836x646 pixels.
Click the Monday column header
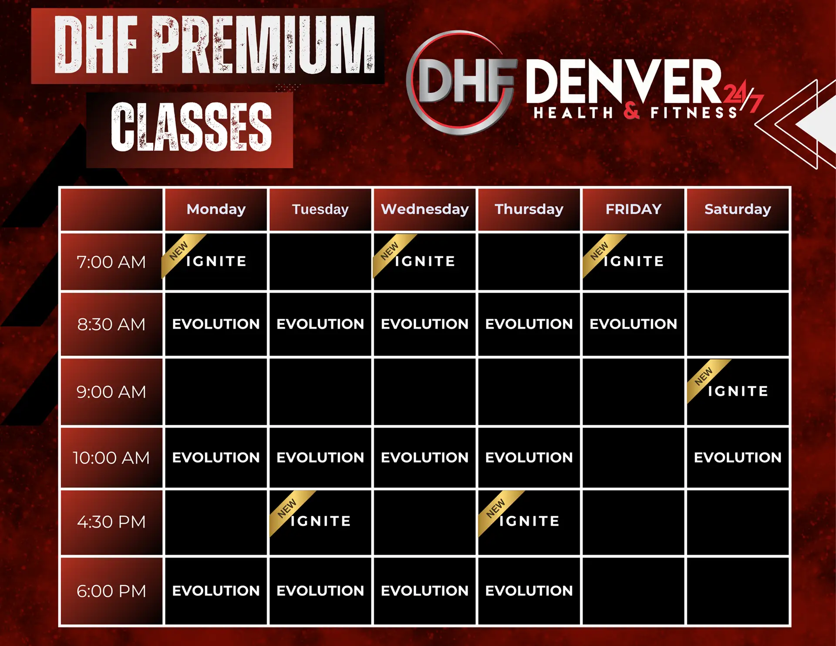(216, 210)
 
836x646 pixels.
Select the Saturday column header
(738, 210)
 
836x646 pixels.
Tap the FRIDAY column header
(633, 210)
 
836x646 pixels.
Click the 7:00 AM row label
(111, 262)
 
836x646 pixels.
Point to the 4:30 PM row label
(111, 522)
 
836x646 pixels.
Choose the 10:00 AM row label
(111, 458)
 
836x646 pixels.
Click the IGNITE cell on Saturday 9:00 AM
(738, 391)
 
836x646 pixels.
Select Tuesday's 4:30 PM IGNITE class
(321, 521)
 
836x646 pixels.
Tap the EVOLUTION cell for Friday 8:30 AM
(633, 324)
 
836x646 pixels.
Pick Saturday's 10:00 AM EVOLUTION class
(738, 457)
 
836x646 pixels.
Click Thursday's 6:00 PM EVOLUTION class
(529, 591)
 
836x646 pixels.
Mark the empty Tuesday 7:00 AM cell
(320, 262)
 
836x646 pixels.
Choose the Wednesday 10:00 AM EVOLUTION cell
(425, 457)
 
